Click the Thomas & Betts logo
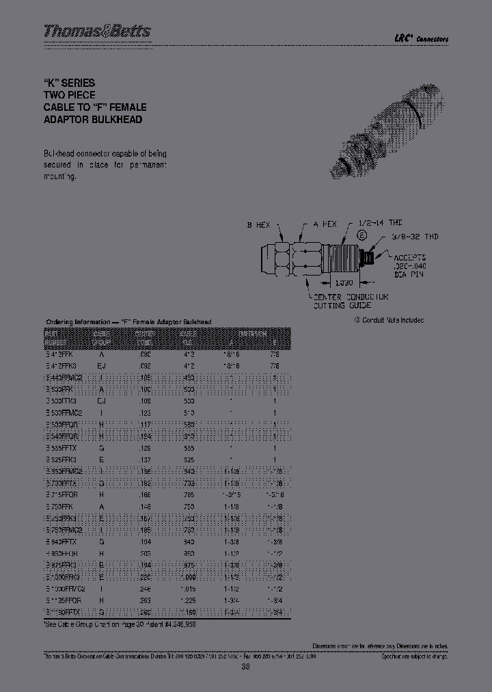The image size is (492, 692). [x=97, y=31]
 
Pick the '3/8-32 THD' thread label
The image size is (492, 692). [x=416, y=237]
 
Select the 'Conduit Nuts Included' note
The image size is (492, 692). [x=389, y=320]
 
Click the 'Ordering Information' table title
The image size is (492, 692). [x=128, y=321]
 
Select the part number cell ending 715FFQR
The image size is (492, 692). [x=65, y=495]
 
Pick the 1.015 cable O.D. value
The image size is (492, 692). [x=187, y=588]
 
